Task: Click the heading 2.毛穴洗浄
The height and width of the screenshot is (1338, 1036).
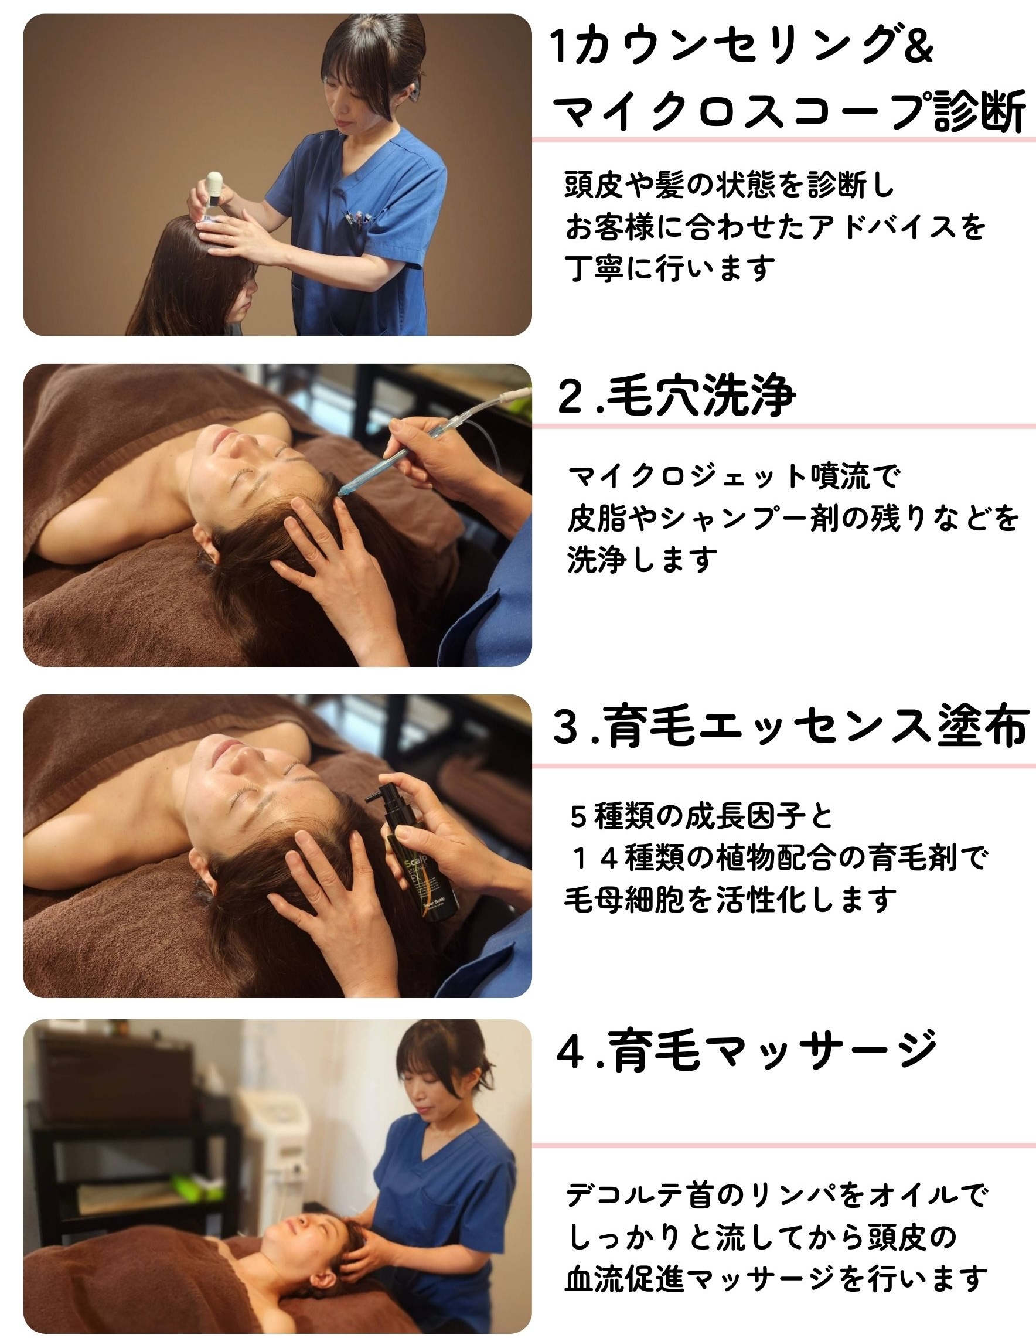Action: [676, 396]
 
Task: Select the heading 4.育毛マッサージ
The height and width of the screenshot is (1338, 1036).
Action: [746, 1051]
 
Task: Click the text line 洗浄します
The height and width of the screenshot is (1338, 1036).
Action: [642, 559]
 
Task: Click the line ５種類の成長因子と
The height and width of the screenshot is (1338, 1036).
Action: [701, 816]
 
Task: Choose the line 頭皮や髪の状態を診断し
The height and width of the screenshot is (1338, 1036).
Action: [729, 185]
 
